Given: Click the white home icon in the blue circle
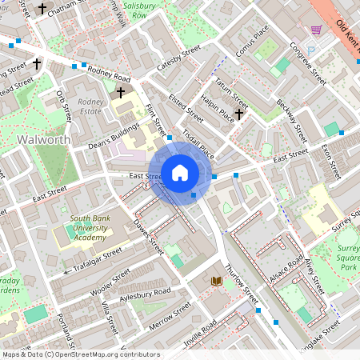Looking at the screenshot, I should coord(180,172).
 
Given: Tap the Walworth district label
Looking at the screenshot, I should coord(43,140).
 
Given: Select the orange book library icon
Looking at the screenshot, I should coord(216,281).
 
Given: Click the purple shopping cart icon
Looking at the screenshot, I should coord(316,30).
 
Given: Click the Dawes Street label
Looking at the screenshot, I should coord(150,237).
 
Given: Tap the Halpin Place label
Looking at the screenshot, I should coord(217,111).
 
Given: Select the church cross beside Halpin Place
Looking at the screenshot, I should coord(238,114).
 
